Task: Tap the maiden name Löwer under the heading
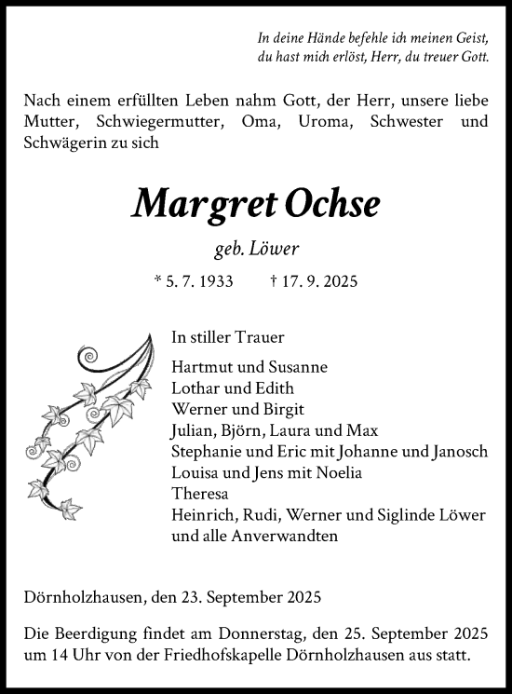click(276, 248)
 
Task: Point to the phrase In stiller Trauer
click(228, 338)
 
